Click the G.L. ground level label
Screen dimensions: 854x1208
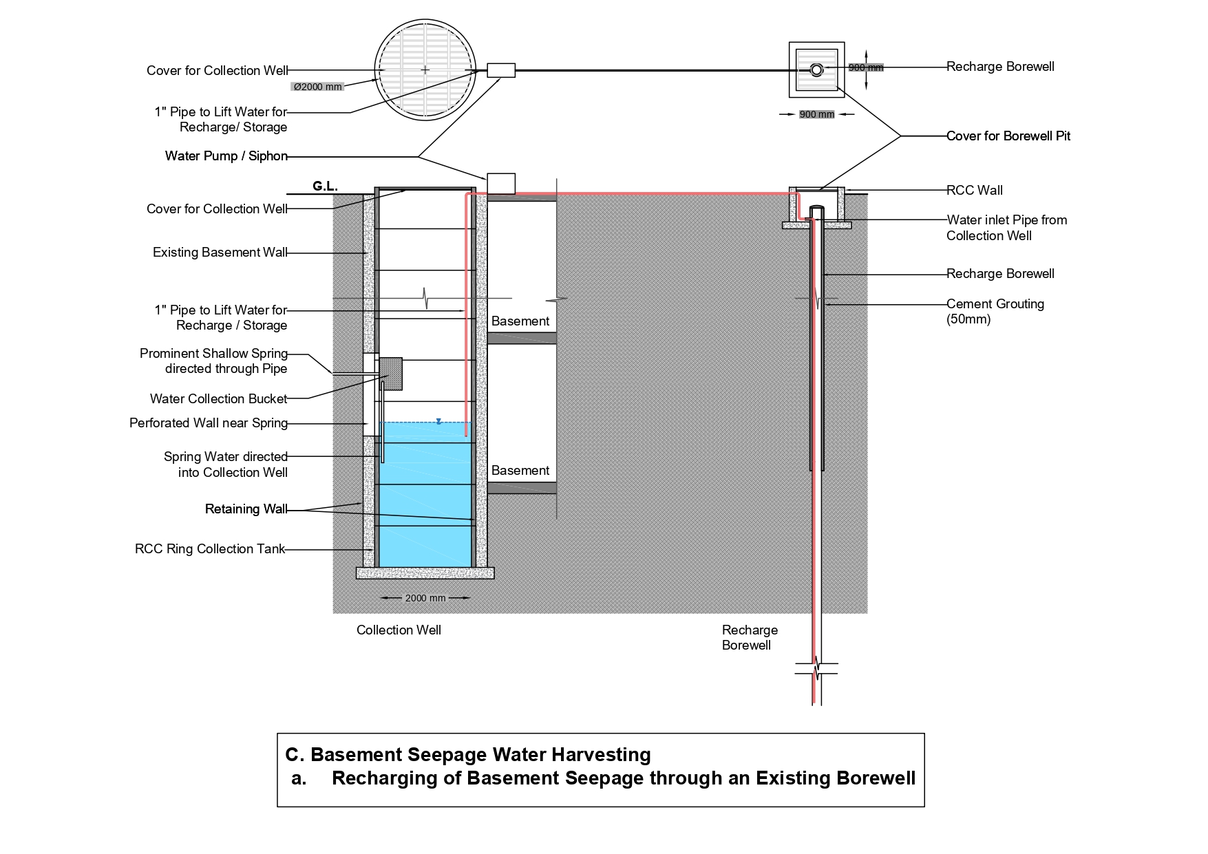click(x=325, y=186)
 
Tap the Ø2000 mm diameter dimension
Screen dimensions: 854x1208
click(x=317, y=87)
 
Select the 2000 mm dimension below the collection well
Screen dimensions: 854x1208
click(x=425, y=598)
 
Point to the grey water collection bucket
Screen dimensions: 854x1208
click(x=390, y=374)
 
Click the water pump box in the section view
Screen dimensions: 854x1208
click(x=500, y=184)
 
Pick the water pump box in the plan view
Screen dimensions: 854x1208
click(x=500, y=70)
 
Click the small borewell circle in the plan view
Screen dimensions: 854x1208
click(x=816, y=70)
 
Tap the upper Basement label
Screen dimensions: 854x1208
click(x=520, y=321)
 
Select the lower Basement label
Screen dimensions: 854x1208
click(x=520, y=471)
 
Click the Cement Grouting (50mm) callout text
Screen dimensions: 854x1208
click(x=995, y=311)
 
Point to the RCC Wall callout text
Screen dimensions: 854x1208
click(x=974, y=191)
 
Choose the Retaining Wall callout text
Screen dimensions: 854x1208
click(x=246, y=509)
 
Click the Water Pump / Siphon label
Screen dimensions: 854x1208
click(x=226, y=156)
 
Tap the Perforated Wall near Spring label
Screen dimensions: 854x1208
click(x=208, y=423)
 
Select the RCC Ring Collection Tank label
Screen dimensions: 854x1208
click(x=209, y=549)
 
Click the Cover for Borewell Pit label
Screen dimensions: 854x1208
click(x=1008, y=136)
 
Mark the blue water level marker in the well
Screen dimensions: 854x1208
click(x=438, y=421)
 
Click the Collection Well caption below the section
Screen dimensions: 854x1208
click(x=399, y=630)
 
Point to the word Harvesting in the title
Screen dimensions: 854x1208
click(x=600, y=755)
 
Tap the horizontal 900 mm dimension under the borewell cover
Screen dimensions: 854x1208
click(x=816, y=114)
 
